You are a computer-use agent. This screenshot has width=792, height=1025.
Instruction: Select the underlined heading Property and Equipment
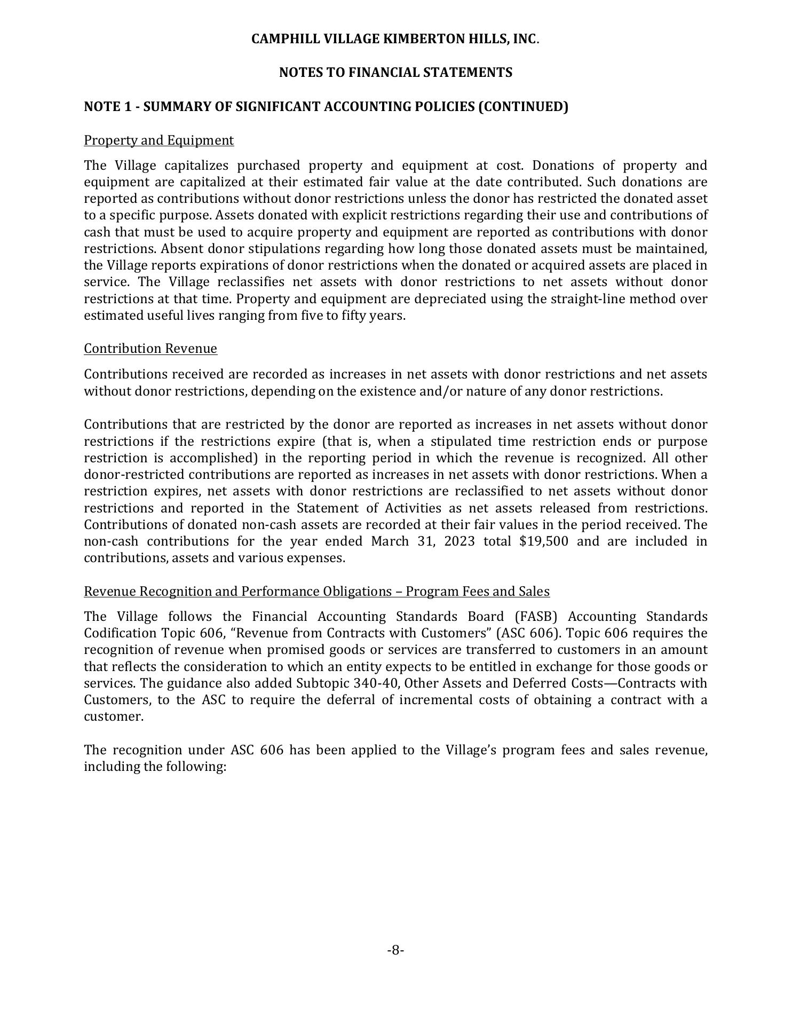(x=159, y=140)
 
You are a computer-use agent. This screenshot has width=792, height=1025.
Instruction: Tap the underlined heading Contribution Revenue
(x=151, y=349)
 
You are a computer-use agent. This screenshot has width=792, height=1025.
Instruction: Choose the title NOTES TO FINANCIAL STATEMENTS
(x=395, y=73)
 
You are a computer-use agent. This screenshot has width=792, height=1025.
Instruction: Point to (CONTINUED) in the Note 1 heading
(x=522, y=107)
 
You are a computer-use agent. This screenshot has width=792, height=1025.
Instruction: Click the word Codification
(x=118, y=633)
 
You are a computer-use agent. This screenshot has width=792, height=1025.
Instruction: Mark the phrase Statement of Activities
(x=369, y=508)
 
